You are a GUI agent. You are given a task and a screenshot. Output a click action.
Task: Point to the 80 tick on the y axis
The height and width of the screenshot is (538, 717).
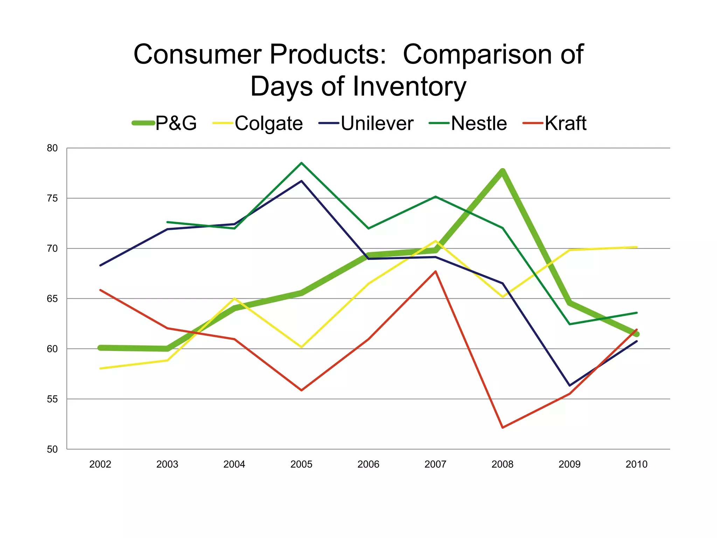(52, 148)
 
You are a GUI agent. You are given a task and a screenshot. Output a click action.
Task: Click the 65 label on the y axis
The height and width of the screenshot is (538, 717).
(52, 299)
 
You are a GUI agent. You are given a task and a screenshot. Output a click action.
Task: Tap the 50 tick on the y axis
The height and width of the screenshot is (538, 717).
(52, 449)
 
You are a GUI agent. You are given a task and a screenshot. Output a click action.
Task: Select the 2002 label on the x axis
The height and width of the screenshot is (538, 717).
(100, 464)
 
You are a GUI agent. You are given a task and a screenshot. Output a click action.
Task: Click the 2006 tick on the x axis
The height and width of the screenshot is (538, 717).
(368, 464)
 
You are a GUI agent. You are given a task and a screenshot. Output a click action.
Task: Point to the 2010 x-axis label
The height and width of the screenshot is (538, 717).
(636, 464)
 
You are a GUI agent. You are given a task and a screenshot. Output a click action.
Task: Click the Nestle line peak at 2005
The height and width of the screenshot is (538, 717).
(301, 163)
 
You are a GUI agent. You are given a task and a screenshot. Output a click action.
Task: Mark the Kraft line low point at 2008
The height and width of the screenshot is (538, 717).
(502, 428)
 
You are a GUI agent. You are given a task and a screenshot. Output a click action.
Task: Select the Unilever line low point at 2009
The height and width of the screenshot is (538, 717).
(570, 386)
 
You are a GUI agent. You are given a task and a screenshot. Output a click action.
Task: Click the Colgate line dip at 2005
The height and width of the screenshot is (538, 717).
(301, 347)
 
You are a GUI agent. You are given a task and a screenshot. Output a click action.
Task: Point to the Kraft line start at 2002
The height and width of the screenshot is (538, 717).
(100, 290)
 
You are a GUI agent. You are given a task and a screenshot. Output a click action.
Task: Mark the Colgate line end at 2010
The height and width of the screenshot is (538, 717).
(636, 247)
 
